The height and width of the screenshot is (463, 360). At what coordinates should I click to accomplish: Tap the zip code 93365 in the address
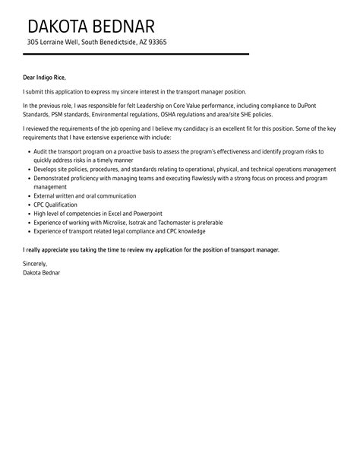tap(155, 42)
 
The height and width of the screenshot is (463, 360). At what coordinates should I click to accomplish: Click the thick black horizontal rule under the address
tap(136, 55)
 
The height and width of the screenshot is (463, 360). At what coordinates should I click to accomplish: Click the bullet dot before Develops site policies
tap(29, 170)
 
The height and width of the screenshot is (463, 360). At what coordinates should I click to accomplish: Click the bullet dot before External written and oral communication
tap(29, 195)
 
